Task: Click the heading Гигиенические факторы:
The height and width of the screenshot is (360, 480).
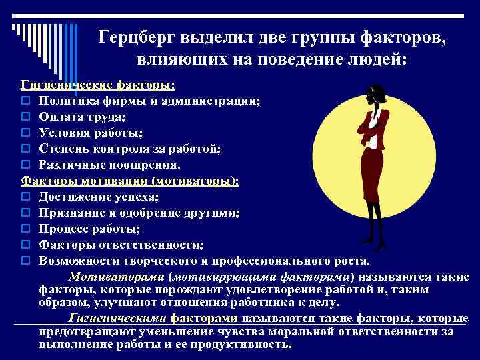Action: [99, 85]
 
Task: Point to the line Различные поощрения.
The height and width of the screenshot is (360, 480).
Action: [109, 164]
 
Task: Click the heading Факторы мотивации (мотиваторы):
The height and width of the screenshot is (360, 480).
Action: [130, 181]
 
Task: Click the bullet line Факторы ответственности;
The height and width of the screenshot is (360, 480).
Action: [121, 245]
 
